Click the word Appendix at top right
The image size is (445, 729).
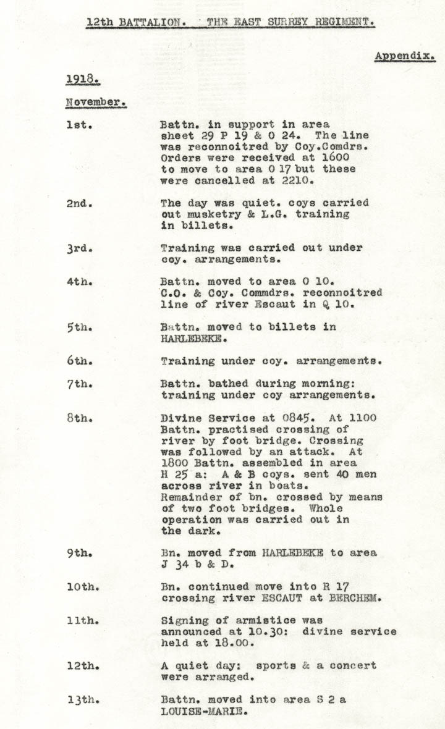[x=404, y=56]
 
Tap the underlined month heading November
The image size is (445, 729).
[x=95, y=103]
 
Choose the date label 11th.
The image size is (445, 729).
[x=82, y=620]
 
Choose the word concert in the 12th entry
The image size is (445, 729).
[x=353, y=666]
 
